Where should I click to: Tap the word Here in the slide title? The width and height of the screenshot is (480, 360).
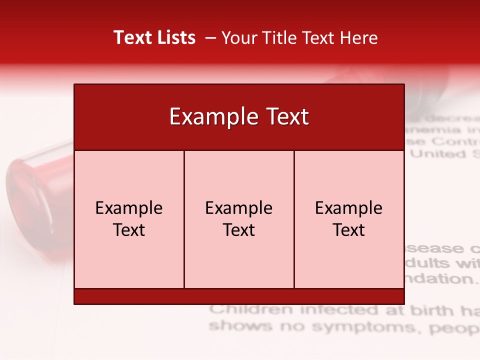[x=359, y=37]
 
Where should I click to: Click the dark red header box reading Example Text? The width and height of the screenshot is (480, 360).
[x=239, y=117]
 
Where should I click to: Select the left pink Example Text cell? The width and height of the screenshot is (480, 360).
[x=129, y=219]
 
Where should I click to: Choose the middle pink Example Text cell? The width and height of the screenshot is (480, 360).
[x=239, y=219]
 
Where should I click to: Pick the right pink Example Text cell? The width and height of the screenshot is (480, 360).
[x=349, y=219]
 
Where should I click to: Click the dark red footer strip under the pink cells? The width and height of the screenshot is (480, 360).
[x=239, y=296]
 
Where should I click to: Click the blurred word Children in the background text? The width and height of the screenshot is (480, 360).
[x=251, y=310]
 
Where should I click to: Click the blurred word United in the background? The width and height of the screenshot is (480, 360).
[x=437, y=153]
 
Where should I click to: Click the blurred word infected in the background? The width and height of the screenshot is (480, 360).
[x=333, y=310]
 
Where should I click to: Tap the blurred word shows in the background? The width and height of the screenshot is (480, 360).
[x=232, y=326]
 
